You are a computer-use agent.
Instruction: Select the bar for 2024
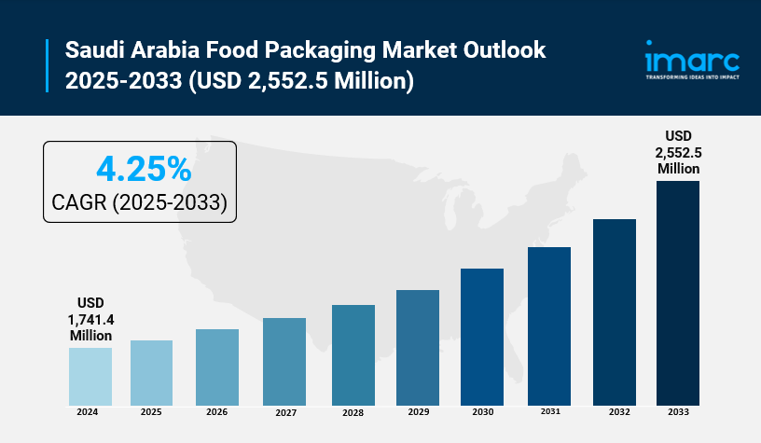[x=90, y=376]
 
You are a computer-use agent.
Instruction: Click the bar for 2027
[x=284, y=361]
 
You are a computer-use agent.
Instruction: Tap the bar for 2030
[x=482, y=337]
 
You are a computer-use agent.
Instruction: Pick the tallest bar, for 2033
[x=678, y=293]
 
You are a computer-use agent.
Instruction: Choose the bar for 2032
[x=615, y=311]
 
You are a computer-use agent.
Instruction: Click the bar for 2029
[x=417, y=347]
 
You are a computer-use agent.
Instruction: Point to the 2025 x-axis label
[x=151, y=411]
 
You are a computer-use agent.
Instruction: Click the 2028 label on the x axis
[x=353, y=411]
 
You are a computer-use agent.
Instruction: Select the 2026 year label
[x=216, y=411]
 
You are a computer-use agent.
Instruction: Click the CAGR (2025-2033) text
[x=140, y=201]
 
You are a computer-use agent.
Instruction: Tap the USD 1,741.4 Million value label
[x=90, y=319]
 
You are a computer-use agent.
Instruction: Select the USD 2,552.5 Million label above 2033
[x=678, y=151]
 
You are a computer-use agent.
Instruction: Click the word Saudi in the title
[x=95, y=49]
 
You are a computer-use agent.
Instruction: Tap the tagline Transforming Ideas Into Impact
[x=691, y=77]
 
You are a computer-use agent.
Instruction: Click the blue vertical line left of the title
[x=47, y=65]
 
